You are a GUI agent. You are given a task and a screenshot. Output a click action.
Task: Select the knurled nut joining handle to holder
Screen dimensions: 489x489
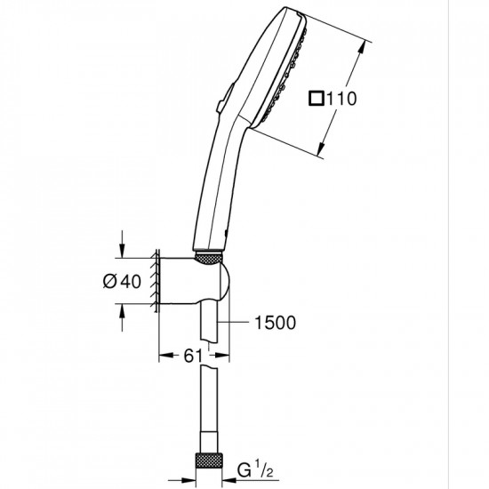pos(208,258)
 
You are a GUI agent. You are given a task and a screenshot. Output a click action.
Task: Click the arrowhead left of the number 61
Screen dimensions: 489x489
pos(164,356)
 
